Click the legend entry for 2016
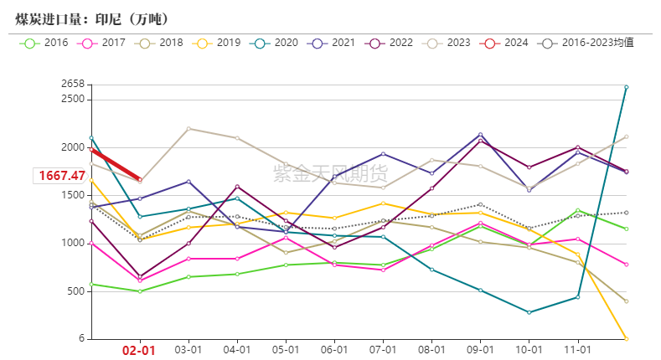[x=47, y=43]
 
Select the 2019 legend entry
[x=219, y=43]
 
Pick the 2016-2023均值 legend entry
[x=587, y=43]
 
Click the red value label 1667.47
[x=60, y=176]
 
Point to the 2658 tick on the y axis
[x=73, y=84]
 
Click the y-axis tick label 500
[x=76, y=291]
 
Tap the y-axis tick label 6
[x=81, y=338]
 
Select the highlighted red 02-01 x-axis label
[x=140, y=351]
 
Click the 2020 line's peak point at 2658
[x=626, y=87]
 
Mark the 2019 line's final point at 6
[x=626, y=338]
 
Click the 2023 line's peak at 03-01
[x=188, y=128]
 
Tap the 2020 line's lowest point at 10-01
[x=529, y=312]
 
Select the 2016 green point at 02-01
[x=140, y=291]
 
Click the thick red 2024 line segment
[x=116, y=166]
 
